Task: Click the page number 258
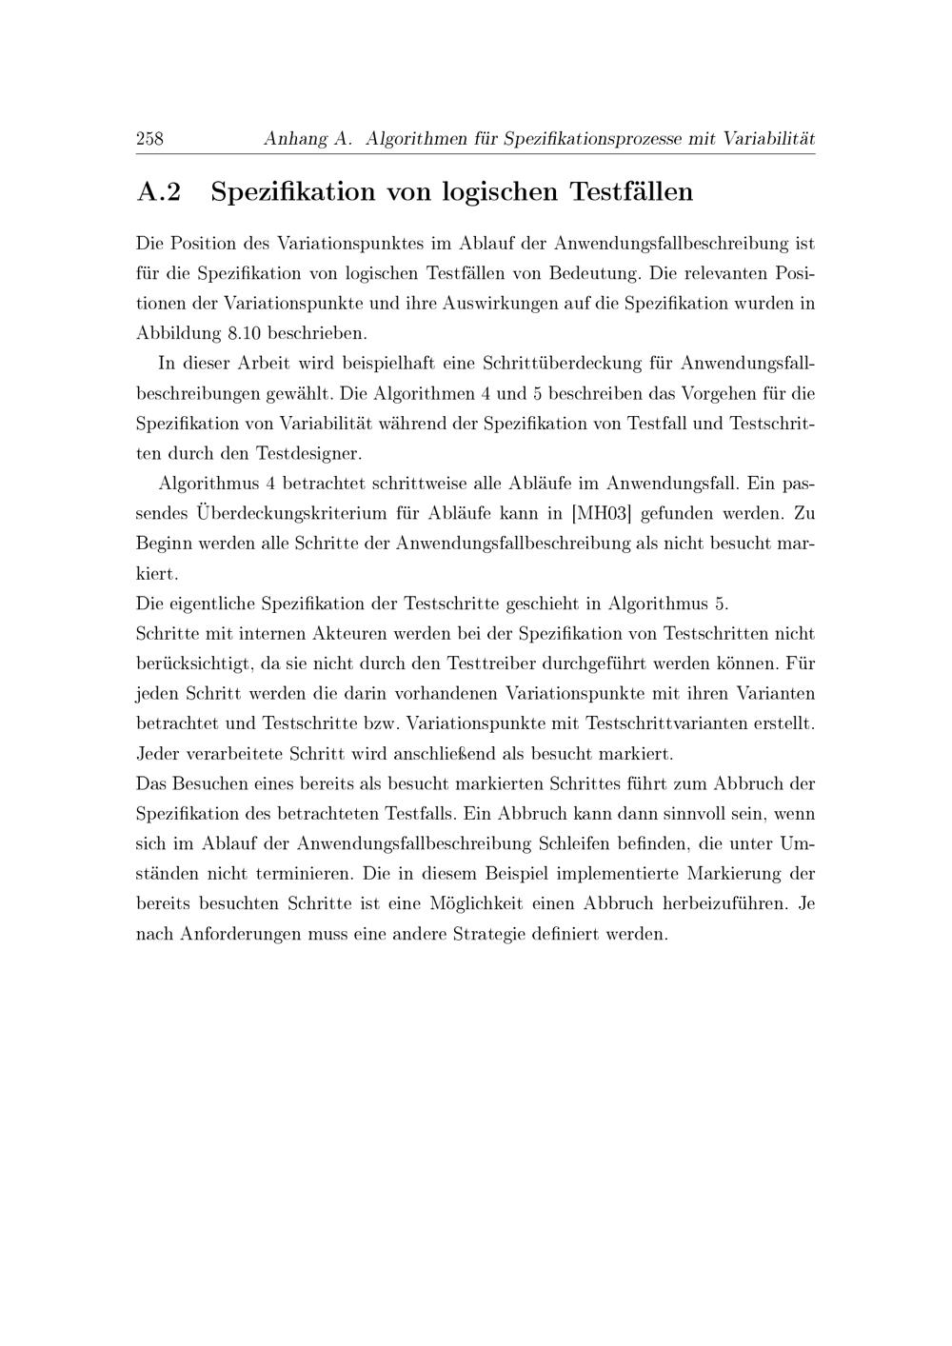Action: coord(150,139)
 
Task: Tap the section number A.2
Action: coord(159,192)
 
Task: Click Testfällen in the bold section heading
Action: coord(631,192)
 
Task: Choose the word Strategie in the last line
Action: coord(526,934)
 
